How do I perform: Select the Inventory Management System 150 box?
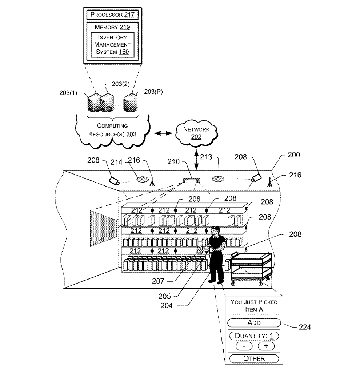(x=112, y=44)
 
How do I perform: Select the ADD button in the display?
(x=254, y=322)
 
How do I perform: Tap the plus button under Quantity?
(x=266, y=346)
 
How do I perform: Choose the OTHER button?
(x=254, y=358)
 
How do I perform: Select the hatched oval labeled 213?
(x=219, y=180)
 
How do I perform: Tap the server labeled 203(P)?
(x=130, y=103)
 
